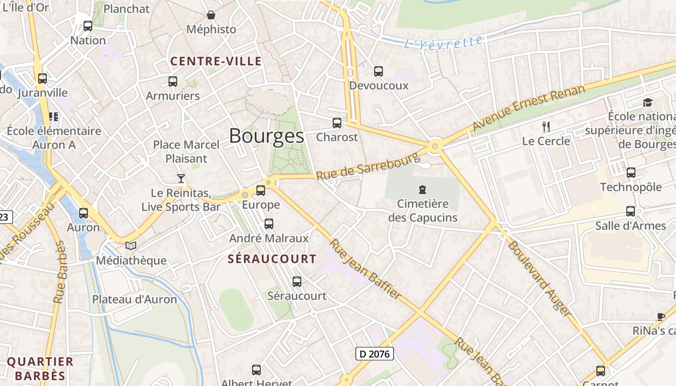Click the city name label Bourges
coord(267,136)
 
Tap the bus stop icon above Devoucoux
coord(379,71)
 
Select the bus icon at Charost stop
coord(337,123)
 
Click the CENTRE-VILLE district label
coord(216,61)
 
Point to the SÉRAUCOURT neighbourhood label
coord(272,259)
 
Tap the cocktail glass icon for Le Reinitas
coord(181,179)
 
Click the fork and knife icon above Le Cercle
coord(546,127)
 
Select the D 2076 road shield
coord(375,354)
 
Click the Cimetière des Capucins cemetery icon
coord(422,190)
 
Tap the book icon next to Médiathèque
coord(131,246)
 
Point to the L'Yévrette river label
coord(443,43)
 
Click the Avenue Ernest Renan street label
coord(528,108)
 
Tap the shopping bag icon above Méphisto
coord(211,15)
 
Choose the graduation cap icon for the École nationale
coord(647,102)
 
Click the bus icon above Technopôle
coord(631,173)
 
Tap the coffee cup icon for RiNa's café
coord(661,317)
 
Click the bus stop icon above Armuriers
coord(172,82)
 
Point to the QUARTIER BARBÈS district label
coord(40,368)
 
